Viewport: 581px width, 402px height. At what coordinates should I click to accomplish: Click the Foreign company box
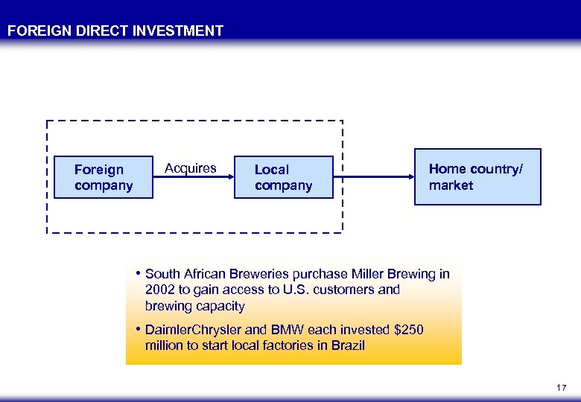pyautogui.click(x=104, y=177)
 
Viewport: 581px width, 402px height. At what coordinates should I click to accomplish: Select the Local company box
pyautogui.click(x=283, y=177)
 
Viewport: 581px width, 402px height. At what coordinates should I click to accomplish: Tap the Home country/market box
pyautogui.click(x=477, y=177)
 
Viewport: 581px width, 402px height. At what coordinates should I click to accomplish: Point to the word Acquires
pyautogui.click(x=191, y=168)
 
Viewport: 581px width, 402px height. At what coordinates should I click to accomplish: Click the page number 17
pyautogui.click(x=562, y=388)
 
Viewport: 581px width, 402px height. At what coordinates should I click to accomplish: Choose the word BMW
pyautogui.click(x=299, y=329)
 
